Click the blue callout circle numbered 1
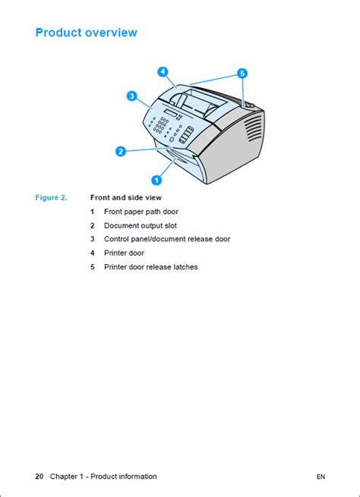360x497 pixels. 156,180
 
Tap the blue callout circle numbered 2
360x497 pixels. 121,151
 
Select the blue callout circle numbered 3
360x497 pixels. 131,96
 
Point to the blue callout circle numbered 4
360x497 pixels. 163,72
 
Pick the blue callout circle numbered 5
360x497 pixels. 242,74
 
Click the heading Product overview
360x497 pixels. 87,33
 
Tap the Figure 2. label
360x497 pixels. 51,198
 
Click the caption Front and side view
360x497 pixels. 126,198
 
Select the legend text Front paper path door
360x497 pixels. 141,212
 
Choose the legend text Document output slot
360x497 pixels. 141,225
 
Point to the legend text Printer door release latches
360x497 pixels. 151,267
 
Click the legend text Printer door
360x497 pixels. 124,253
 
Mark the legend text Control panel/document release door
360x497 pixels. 167,239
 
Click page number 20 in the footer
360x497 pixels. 39,477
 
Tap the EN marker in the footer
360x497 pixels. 321,477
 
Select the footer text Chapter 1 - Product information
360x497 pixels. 103,477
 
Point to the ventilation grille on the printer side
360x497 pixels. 254,128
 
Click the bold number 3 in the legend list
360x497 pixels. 93,239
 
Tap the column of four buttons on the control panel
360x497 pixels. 187,135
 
